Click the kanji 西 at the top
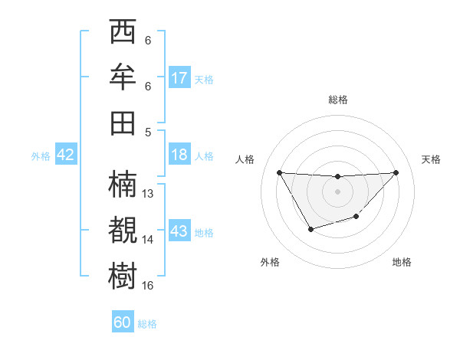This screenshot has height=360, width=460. pos(123,33)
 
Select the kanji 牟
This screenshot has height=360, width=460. pos(123,77)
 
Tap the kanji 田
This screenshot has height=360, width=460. pos(123,122)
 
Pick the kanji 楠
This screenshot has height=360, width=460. pos(123,185)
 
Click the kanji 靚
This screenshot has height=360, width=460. pos(123,230)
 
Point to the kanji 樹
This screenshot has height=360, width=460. pos(123,275)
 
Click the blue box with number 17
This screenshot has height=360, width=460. pos(179,77)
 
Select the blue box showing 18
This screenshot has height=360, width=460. pos(179,155)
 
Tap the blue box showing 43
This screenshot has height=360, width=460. pos(179,231)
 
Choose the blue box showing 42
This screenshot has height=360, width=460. pos(66,155)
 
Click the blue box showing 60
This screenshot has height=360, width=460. pos(123,322)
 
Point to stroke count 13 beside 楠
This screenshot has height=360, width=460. pos(149,194)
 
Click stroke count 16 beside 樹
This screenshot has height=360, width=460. pos(149,285)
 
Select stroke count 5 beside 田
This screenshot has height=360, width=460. pos(148,132)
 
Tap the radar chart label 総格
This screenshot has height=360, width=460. pos(337,100)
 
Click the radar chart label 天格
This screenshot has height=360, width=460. pos(432,159)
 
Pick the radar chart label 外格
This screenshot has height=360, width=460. pos(270,262)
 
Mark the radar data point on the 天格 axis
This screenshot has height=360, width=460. pos(396,172)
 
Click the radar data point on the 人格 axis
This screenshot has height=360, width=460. pos(279,172)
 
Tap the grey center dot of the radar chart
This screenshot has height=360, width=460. pos(337,191)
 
